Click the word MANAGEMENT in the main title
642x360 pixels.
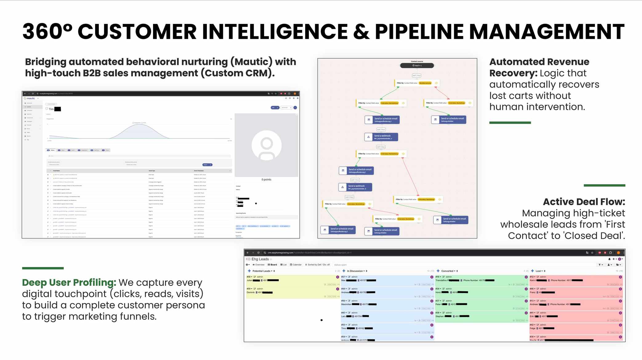click(547, 32)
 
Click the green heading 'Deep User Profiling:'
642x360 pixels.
click(69, 282)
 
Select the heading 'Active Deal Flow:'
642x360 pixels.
click(584, 202)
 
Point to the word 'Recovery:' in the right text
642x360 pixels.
click(513, 73)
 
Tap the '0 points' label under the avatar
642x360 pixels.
click(266, 179)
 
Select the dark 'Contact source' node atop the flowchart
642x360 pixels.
click(417, 65)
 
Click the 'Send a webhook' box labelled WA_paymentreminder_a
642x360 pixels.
click(381, 137)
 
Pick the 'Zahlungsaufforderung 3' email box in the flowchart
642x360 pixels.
click(338, 230)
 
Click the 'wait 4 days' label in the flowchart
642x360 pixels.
click(349, 197)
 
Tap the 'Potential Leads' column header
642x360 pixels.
click(261, 271)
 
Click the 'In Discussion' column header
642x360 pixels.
click(355, 271)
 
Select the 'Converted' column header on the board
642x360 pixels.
click(447, 271)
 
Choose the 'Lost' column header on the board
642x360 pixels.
click(539, 271)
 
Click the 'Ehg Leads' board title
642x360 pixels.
click(260, 259)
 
